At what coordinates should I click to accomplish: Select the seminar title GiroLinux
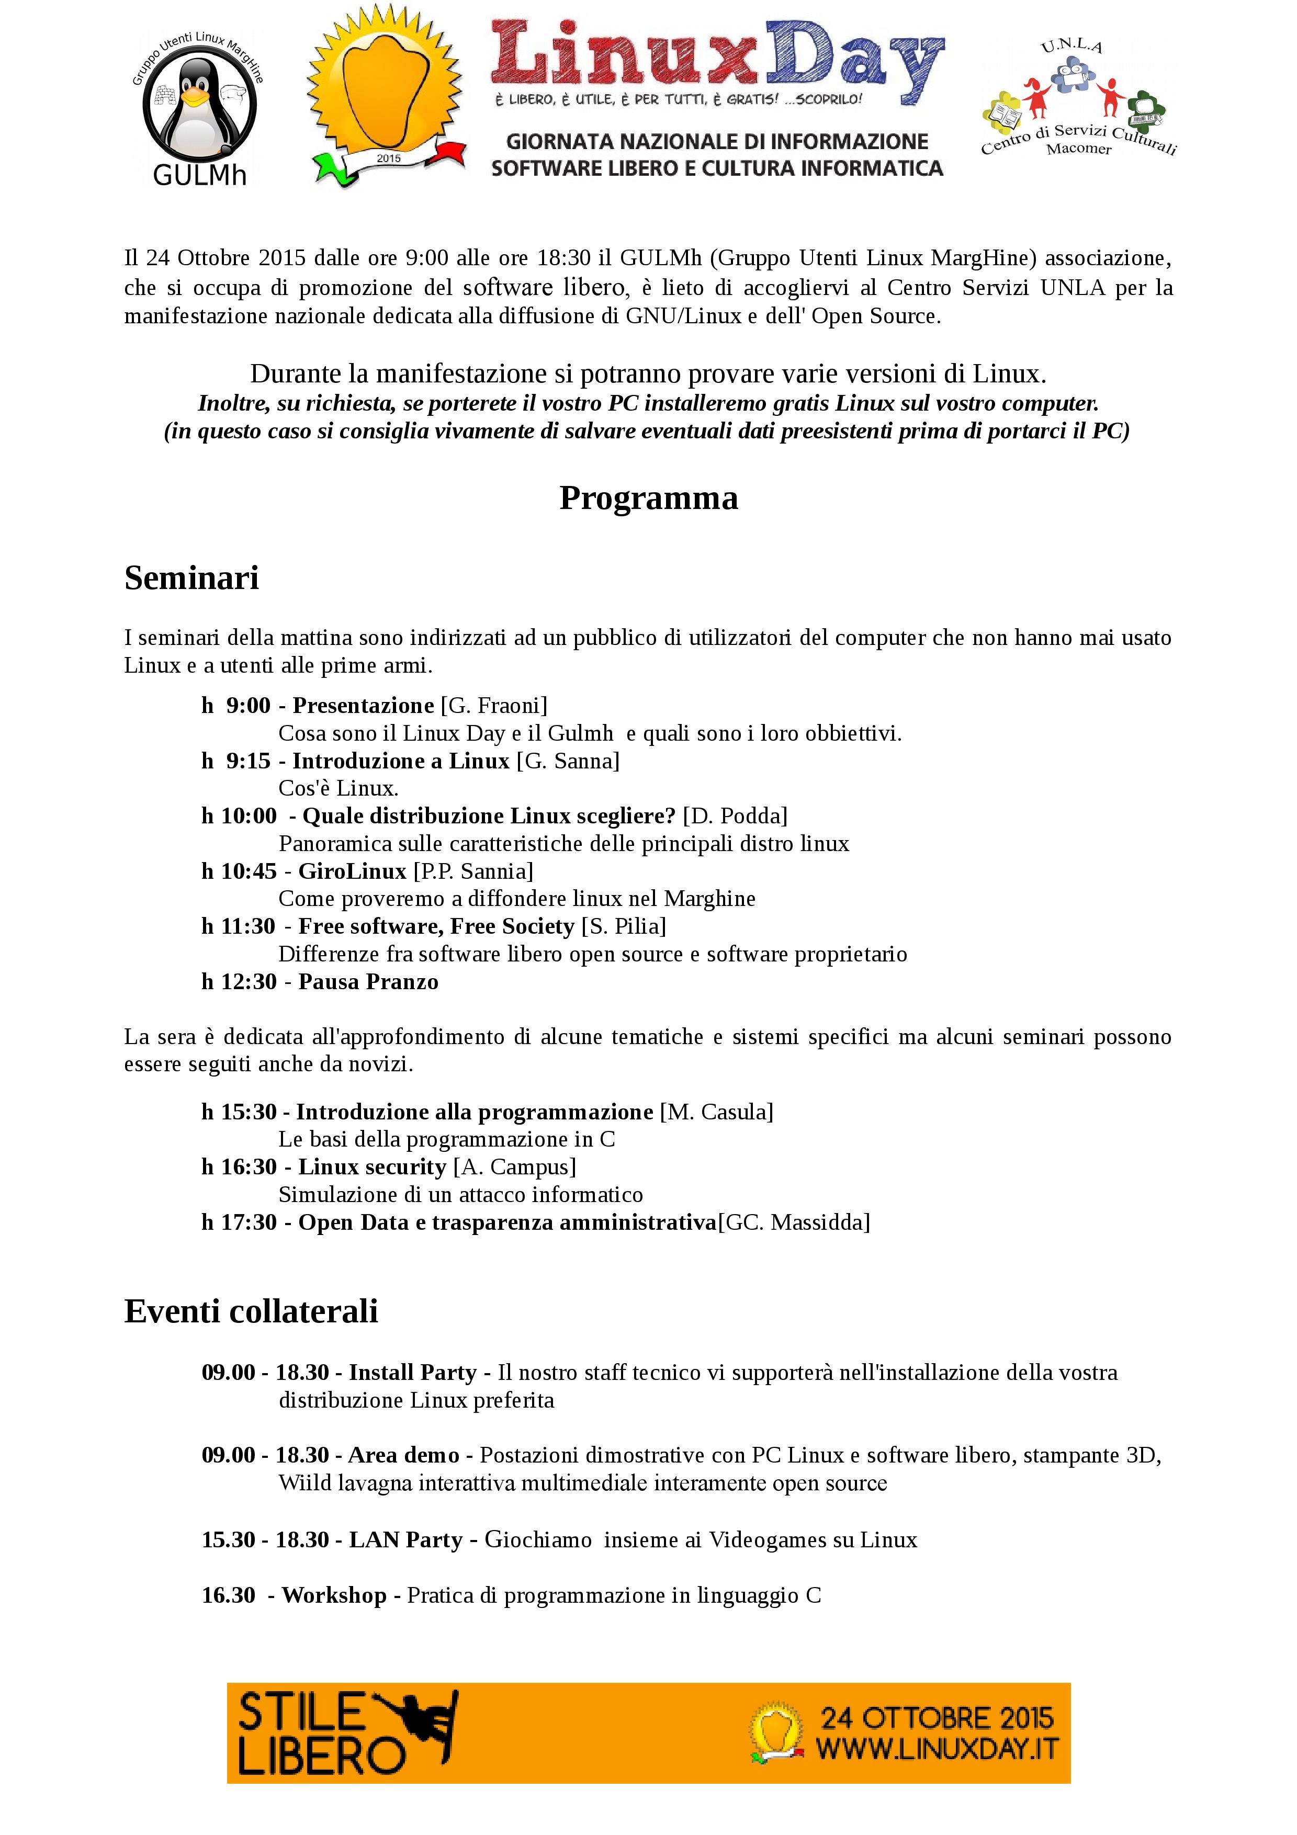(353, 870)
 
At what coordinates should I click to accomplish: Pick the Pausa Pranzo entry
(368, 981)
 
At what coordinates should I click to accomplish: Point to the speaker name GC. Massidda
(794, 1221)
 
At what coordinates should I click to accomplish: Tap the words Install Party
(412, 1372)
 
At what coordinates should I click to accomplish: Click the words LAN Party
(406, 1539)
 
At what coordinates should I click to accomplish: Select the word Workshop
(334, 1594)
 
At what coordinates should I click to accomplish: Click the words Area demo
(403, 1455)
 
